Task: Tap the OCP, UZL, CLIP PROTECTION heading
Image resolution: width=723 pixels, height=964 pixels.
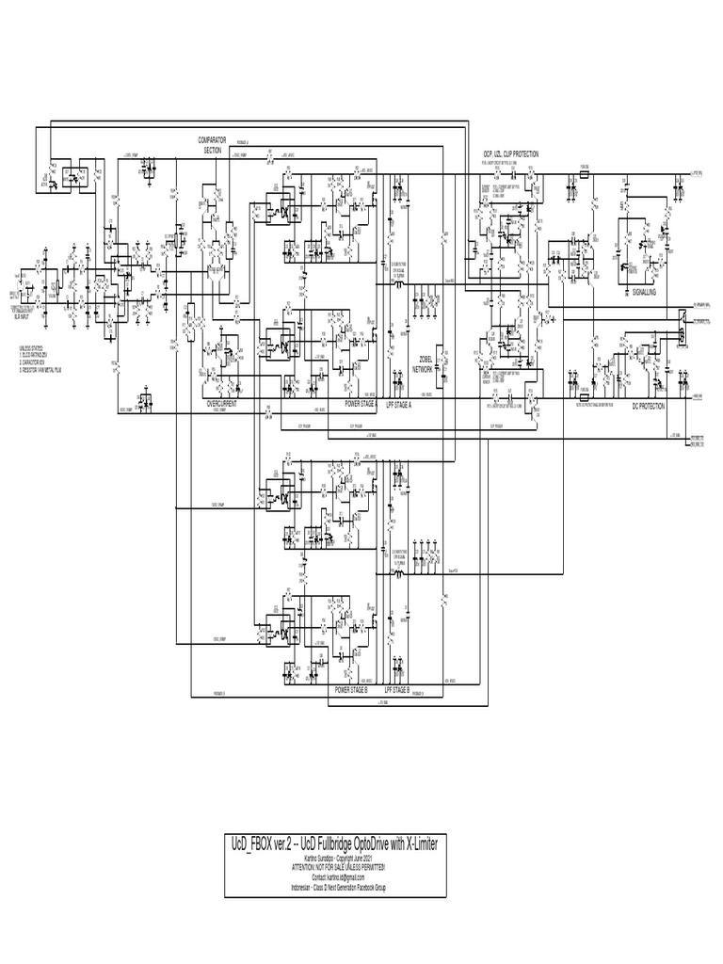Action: tap(511, 153)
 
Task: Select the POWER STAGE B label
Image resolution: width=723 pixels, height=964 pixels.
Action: tap(351, 690)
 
